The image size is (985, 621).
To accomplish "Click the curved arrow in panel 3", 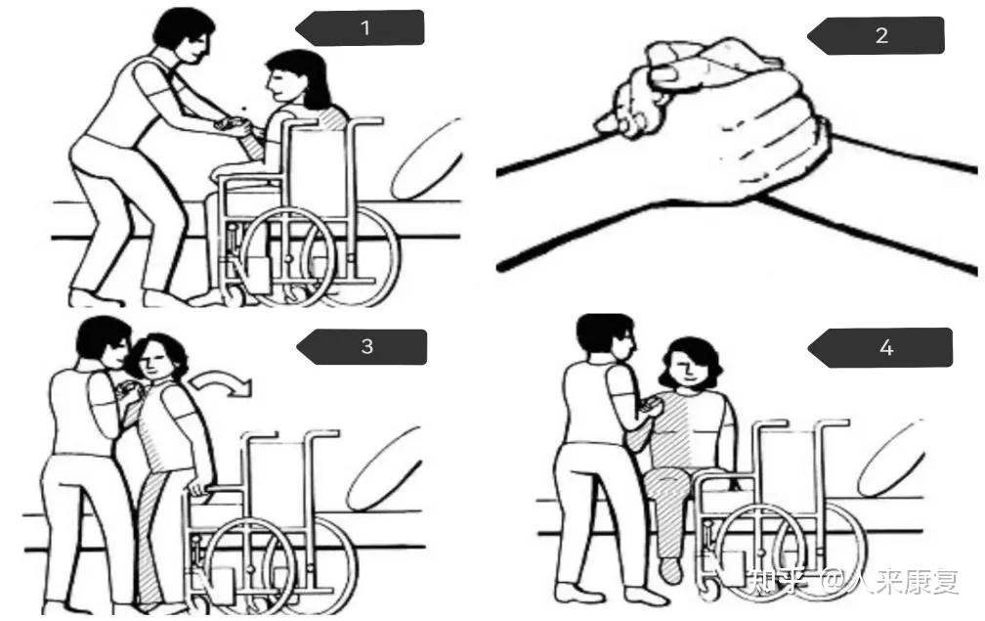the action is tap(224, 380).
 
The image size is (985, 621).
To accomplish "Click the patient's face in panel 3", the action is tap(154, 362).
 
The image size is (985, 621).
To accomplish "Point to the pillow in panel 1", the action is tap(426, 161).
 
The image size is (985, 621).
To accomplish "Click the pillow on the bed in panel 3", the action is tap(383, 469).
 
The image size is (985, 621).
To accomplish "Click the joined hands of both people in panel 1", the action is tap(234, 126).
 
